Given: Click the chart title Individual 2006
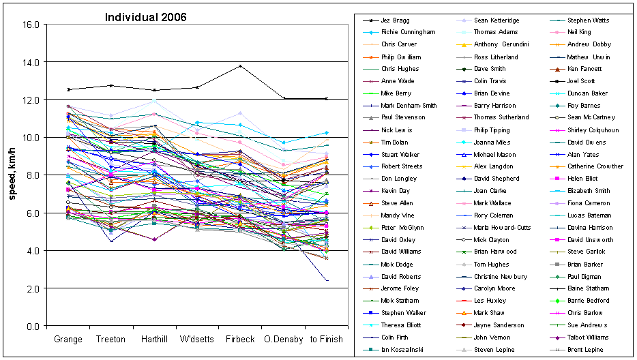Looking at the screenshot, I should point(145,17).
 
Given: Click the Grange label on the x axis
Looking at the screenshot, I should point(68,339).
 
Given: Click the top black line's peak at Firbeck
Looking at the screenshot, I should point(241,66).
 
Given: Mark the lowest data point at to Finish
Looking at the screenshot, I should point(328,280).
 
